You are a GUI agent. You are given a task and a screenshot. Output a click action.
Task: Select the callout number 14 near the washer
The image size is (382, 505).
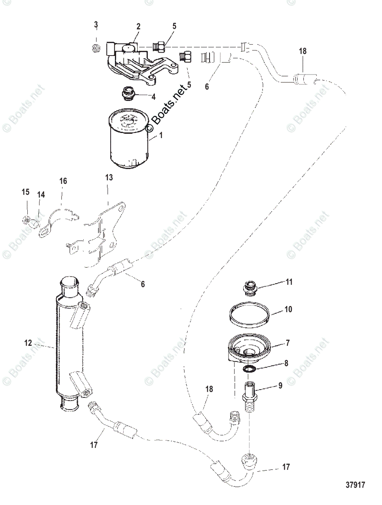pyautogui.click(x=41, y=195)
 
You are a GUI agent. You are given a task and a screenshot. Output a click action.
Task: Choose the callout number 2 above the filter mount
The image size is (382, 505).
pyautogui.click(x=138, y=26)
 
